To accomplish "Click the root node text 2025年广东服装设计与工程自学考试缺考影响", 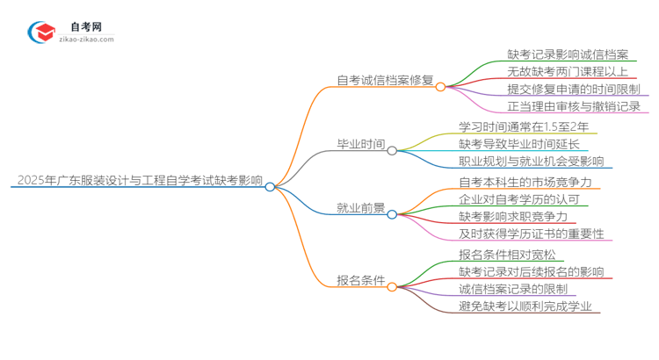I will (x=138, y=182).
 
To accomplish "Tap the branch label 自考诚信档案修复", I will (x=385, y=80).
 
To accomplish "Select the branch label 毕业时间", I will (x=361, y=145).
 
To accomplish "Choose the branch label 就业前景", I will (x=361, y=208).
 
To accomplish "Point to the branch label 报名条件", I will (x=361, y=281).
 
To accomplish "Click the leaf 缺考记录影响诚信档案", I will (x=572, y=54).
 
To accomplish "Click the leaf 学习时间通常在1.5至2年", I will (x=524, y=126).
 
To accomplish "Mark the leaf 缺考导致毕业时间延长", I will (x=518, y=143).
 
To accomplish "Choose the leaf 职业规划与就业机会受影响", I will (x=531, y=161).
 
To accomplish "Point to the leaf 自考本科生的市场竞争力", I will (x=525, y=182).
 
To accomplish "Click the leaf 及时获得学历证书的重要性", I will (x=530, y=234).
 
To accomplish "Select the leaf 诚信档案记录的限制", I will (x=512, y=289).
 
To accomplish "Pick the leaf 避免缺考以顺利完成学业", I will (x=525, y=306).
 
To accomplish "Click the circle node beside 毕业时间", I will (x=392, y=150).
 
